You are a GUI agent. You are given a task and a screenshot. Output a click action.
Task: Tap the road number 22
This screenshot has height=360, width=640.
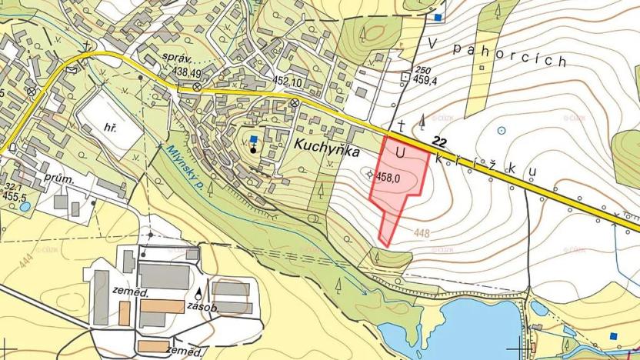pyautogui.click(x=440, y=142)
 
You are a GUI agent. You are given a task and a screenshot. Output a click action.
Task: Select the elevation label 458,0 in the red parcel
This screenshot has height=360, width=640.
pyautogui.click(x=388, y=177)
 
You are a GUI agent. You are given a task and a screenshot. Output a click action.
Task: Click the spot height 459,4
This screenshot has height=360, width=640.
pyautogui.click(x=425, y=78)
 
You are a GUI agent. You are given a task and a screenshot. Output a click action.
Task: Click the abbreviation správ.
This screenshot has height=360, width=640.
pyautogui.click(x=182, y=58)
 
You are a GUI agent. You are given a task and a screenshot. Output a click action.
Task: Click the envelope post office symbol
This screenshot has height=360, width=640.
pyautogui.click(x=72, y=68)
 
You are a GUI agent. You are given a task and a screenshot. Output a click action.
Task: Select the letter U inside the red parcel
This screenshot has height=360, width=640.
pyautogui.click(x=399, y=152)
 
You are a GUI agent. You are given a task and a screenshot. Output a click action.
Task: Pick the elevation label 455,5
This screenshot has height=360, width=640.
pyautogui.click(x=15, y=197)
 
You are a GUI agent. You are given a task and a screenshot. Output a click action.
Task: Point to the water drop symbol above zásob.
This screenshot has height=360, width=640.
pyautogui.click(x=201, y=293)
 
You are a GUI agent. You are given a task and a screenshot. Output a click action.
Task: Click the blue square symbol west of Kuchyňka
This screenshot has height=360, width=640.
pyautogui.click(x=255, y=130)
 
